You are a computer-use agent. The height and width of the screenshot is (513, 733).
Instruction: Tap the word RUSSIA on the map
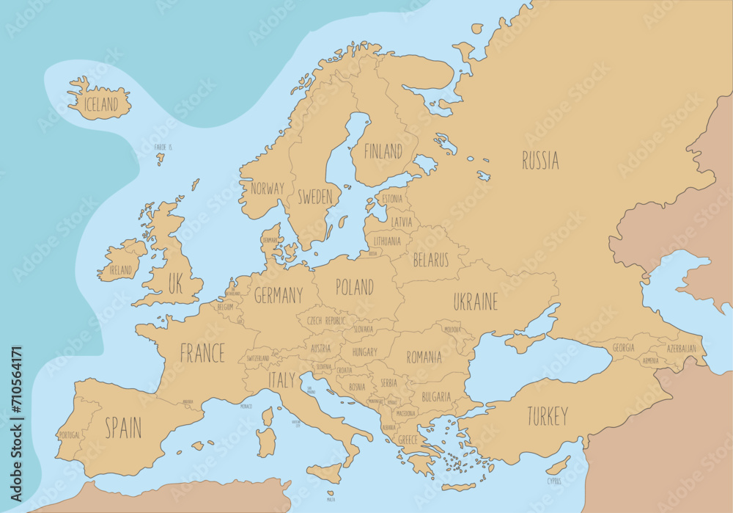(540, 161)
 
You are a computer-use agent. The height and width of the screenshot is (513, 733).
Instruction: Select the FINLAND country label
(383, 151)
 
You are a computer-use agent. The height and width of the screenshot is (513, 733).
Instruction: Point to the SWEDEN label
(314, 197)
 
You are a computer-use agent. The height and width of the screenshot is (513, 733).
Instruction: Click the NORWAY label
(267, 189)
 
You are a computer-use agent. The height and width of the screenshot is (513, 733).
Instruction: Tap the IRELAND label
(120, 270)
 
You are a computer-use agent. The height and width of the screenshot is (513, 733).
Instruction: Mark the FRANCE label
(202, 354)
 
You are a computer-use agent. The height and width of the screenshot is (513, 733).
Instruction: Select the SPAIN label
(122, 429)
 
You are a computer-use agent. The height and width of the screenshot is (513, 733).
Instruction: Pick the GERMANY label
(278, 296)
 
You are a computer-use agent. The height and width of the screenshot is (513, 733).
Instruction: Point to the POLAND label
(354, 287)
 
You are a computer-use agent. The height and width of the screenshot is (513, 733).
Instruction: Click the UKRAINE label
(475, 302)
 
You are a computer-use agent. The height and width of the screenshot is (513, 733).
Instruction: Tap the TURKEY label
(547, 417)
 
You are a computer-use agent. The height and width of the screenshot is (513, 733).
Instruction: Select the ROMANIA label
(424, 357)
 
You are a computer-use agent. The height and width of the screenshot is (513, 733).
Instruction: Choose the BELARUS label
(430, 260)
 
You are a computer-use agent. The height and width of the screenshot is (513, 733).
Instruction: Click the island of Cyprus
(559, 465)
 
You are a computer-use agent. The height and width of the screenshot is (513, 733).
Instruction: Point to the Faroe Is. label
(163, 148)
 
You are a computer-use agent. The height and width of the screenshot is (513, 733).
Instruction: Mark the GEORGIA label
(623, 348)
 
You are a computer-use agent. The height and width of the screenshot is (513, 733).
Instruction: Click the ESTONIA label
(392, 199)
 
